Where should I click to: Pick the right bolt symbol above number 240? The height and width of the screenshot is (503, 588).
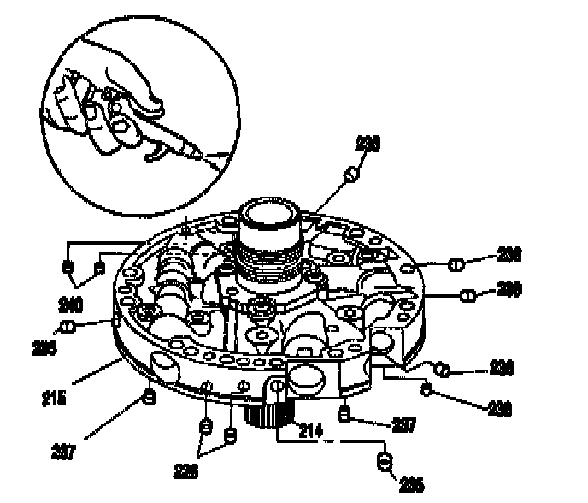98,268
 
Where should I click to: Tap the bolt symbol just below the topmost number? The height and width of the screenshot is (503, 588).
350,175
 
